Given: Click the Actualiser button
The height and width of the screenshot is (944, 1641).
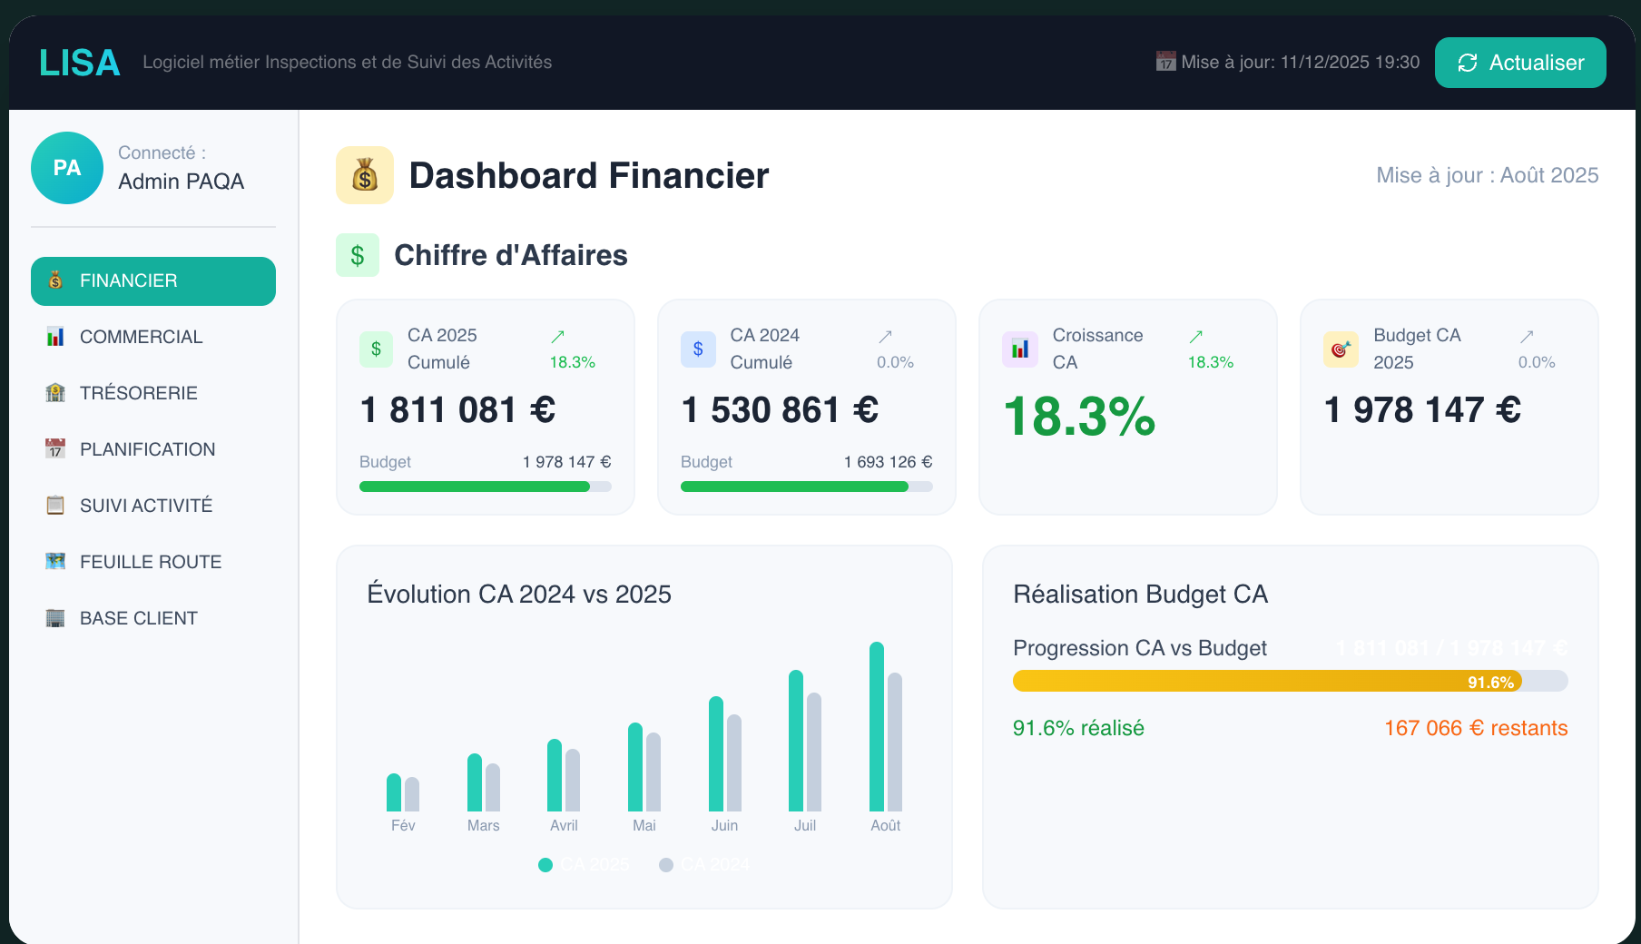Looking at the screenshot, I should coord(1520,63).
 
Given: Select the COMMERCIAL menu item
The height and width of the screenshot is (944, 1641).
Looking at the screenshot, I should coord(141,337).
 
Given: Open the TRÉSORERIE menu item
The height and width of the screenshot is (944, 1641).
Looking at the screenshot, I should coord(138,393).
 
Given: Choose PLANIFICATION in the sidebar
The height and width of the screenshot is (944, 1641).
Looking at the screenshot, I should coord(147,449).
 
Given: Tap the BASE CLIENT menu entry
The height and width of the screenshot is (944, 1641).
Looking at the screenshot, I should coord(138,618).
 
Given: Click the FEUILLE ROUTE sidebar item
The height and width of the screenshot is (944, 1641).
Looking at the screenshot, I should coord(150,562).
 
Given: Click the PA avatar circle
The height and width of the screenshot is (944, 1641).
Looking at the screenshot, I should coord(67,168).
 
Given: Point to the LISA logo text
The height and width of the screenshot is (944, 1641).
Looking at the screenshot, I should coord(80,63).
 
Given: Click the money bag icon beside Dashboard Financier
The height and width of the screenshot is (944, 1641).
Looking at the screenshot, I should coord(365,175).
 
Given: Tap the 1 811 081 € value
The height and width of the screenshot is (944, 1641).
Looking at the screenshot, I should coord(457,410).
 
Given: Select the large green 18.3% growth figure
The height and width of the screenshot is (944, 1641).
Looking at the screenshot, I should coord(1079,417).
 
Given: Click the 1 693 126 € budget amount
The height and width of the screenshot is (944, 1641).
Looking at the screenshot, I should coord(888,462).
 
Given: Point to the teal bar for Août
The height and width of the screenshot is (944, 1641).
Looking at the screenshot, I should coord(877,726).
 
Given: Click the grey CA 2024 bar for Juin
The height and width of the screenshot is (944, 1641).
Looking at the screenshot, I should coord(734,762).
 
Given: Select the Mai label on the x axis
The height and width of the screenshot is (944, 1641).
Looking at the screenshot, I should coord(644,825).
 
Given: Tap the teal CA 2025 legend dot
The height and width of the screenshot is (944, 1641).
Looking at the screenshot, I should coord(545,865).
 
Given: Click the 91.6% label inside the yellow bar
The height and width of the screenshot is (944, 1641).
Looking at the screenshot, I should coord(1490,683).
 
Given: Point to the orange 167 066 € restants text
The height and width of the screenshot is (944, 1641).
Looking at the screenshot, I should coord(1476,728).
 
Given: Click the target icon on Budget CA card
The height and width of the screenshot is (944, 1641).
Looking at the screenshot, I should coord(1341,349).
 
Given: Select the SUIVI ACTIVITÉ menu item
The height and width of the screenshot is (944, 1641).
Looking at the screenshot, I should coord(145,506).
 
